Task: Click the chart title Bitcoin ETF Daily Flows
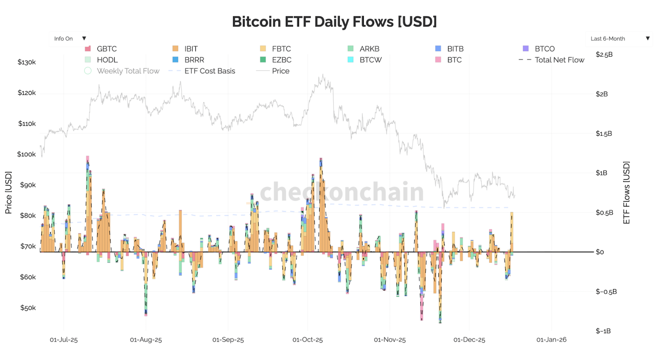click(x=334, y=22)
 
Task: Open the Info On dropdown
click(x=69, y=39)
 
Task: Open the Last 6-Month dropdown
click(x=619, y=39)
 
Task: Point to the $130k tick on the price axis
click(x=27, y=62)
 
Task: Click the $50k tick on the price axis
click(x=28, y=308)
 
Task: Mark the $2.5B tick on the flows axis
click(x=604, y=54)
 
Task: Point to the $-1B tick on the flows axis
click(x=603, y=331)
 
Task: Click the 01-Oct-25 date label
click(x=307, y=340)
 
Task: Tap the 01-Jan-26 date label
click(x=551, y=340)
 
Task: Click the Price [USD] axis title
click(x=8, y=193)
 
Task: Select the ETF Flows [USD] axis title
click(x=627, y=193)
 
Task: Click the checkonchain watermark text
click(x=342, y=192)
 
